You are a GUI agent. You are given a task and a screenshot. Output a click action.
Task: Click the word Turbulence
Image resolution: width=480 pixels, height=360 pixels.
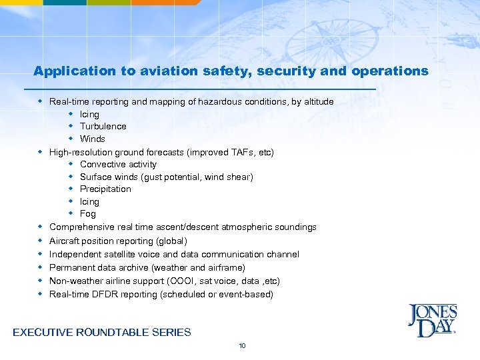103,127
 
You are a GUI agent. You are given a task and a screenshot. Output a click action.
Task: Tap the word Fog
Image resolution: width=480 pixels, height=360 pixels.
88,214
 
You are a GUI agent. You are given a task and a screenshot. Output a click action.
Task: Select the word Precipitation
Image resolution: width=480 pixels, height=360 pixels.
105,189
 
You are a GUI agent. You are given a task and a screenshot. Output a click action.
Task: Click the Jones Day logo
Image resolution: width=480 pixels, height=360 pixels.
432,321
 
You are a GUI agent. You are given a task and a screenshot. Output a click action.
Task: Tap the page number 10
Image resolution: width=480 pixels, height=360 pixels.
242,345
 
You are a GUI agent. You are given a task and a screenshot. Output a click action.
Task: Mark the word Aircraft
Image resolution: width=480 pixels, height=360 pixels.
63,241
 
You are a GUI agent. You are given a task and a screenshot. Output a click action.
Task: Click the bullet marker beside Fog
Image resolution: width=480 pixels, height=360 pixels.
70,214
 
